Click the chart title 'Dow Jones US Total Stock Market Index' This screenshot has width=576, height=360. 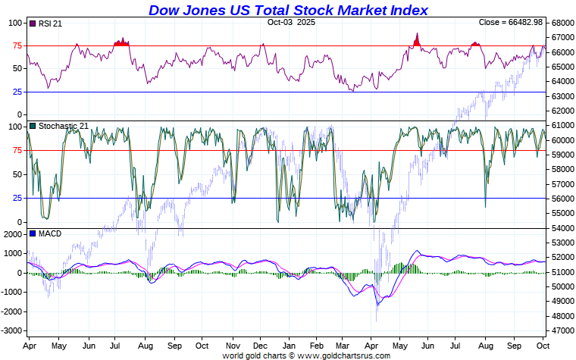pyautogui.click(x=288, y=10)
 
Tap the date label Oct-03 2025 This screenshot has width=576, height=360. pyautogui.click(x=292, y=22)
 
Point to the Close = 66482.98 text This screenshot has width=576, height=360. pyautogui.click(x=510, y=22)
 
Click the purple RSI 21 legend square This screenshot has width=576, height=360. pyautogui.click(x=32, y=24)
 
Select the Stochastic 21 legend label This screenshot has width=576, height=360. pyautogui.click(x=62, y=126)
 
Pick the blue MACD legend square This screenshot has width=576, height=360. pyautogui.click(x=32, y=233)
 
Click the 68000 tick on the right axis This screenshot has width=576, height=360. pyautogui.click(x=562, y=23)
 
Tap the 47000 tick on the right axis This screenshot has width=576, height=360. pyautogui.click(x=562, y=331)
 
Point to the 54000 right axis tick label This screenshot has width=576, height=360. pyautogui.click(x=562, y=228)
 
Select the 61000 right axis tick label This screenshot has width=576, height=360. pyautogui.click(x=562, y=126)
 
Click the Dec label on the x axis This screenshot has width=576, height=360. pyautogui.click(x=260, y=346)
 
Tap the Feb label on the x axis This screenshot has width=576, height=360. pyautogui.click(x=316, y=346)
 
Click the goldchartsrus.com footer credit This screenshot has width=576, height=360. pyautogui.click(x=306, y=355)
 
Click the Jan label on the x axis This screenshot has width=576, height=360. pyautogui.click(x=288, y=346)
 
